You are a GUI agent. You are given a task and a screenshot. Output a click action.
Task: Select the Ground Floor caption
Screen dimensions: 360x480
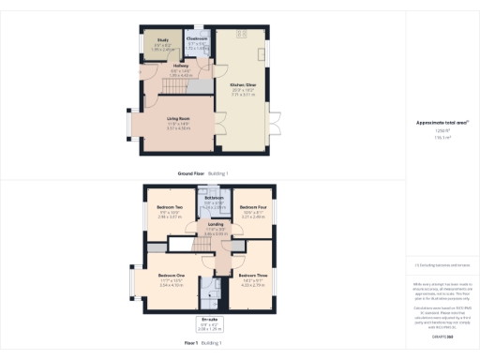click(191, 173)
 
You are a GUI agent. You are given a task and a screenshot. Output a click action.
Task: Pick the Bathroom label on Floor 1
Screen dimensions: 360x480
click(214, 198)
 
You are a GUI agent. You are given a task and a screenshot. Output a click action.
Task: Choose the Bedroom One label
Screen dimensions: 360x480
click(171, 273)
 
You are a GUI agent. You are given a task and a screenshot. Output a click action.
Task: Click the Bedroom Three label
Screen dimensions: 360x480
click(255, 275)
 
